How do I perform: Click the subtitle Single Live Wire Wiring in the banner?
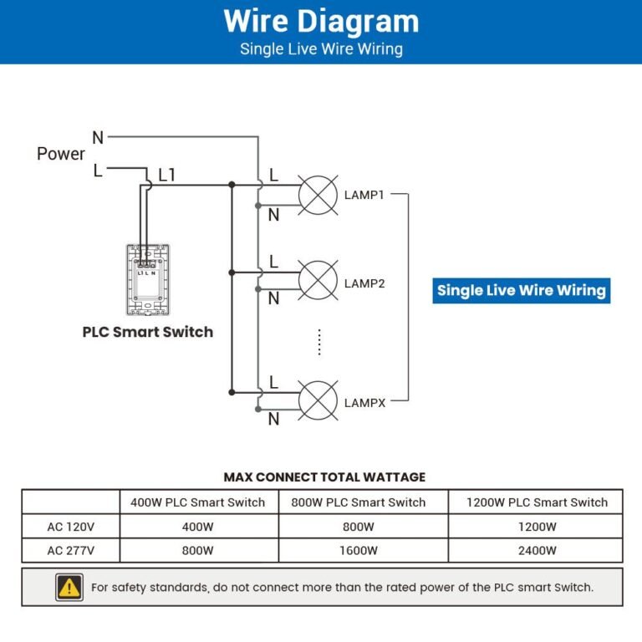(321, 49)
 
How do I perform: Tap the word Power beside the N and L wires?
(61, 154)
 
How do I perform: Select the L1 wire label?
(167, 175)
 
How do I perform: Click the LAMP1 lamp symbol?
(318, 195)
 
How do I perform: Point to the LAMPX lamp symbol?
(318, 400)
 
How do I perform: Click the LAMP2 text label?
(364, 283)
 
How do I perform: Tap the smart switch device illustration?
(147, 282)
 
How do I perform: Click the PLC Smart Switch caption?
(147, 332)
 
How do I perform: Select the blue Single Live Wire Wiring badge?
(521, 291)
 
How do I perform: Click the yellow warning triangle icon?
(69, 587)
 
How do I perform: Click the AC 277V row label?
(70, 551)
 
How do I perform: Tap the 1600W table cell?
(359, 551)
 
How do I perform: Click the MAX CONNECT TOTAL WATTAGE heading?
(324, 477)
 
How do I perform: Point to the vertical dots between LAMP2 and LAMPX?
(319, 341)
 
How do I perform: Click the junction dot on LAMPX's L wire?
(232, 391)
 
